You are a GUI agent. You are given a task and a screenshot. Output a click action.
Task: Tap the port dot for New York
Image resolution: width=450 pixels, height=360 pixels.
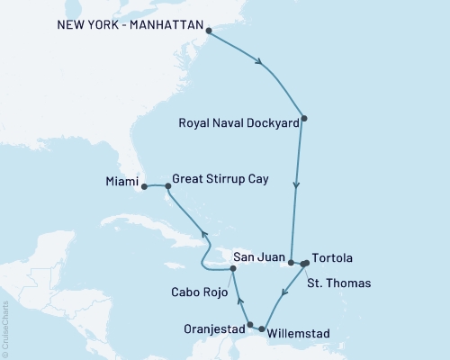pyautogui.click(x=210, y=31)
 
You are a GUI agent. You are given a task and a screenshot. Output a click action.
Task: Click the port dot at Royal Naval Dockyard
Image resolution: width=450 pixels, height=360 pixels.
pyautogui.click(x=304, y=118)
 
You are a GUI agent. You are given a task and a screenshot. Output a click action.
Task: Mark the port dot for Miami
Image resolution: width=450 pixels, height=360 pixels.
pyautogui.click(x=144, y=187)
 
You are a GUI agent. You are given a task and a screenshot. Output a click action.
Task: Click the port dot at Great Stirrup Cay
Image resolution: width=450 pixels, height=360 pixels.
pyautogui.click(x=167, y=187)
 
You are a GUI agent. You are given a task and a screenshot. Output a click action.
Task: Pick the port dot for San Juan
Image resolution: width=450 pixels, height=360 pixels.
pyautogui.click(x=291, y=262)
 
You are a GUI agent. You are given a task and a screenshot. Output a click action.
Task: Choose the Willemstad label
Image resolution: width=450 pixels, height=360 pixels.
pyautogui.click(x=300, y=334)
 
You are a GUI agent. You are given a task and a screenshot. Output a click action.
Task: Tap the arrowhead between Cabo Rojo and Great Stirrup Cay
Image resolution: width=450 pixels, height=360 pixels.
pyautogui.click(x=204, y=236)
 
